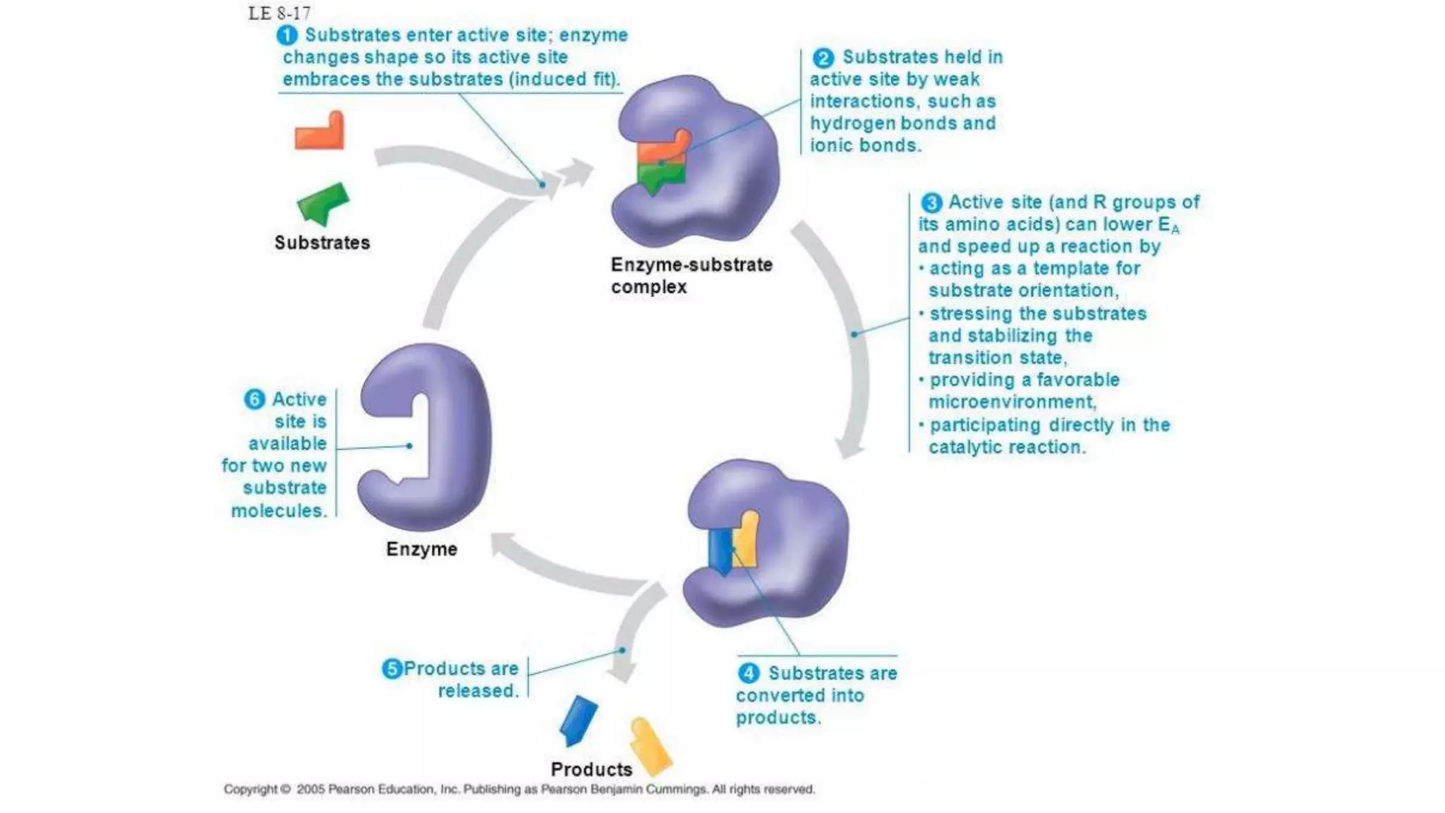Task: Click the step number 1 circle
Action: click(x=286, y=35)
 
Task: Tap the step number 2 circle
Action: click(x=823, y=58)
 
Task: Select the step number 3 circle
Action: click(x=931, y=203)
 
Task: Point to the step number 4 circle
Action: click(x=749, y=673)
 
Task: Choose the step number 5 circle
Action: click(x=392, y=669)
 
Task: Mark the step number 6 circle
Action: click(x=254, y=399)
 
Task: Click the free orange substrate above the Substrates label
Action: click(x=320, y=133)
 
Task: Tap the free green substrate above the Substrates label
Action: click(x=323, y=202)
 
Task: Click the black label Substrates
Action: click(x=322, y=243)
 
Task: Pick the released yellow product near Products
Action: click(x=650, y=745)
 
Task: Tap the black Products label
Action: click(x=591, y=769)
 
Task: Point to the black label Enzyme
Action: click(x=421, y=549)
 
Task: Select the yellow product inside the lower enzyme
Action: click(x=746, y=540)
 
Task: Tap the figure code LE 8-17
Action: click(x=279, y=13)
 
